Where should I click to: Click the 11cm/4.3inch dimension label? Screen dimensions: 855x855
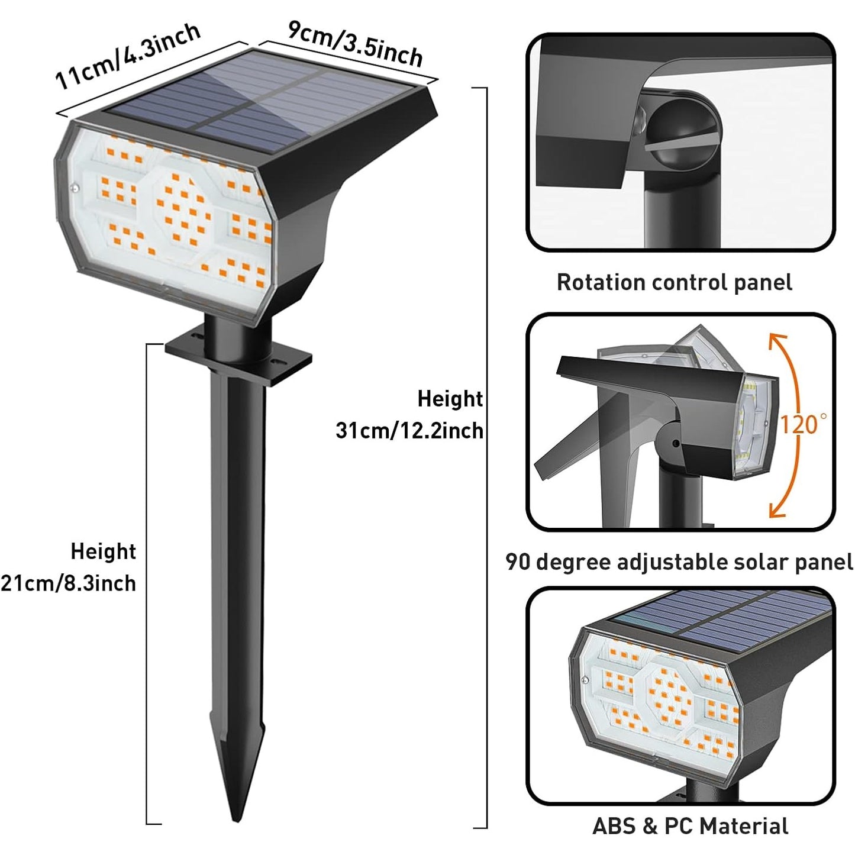(127, 56)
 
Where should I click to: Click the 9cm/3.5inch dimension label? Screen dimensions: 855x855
(355, 43)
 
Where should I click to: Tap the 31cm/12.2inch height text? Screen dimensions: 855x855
(409, 431)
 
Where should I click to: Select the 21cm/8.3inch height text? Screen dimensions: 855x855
(68, 583)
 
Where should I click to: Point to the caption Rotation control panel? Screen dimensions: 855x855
(674, 282)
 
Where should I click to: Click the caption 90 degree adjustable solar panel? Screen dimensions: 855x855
(679, 562)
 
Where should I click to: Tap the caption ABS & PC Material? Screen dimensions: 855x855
(690, 826)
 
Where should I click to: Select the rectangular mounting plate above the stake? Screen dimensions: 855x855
(238, 357)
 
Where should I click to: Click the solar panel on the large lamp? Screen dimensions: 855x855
(266, 95)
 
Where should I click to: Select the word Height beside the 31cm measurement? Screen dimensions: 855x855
(450, 399)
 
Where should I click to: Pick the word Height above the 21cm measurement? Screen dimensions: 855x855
(103, 551)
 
